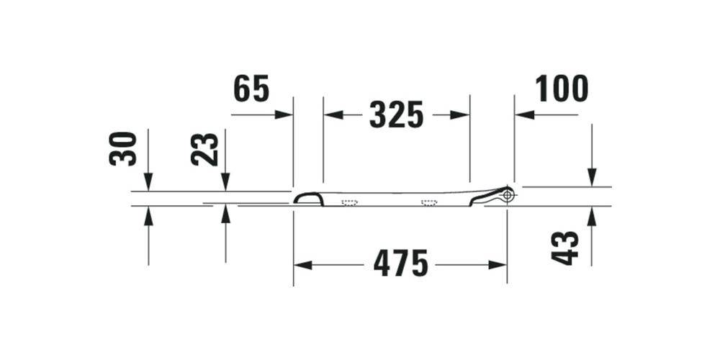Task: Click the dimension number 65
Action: [251, 89]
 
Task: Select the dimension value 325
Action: [396, 114]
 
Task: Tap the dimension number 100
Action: [562, 89]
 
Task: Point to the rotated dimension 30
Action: [123, 148]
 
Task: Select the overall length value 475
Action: [400, 265]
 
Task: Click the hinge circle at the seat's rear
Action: [508, 194]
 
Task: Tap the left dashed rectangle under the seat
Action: [350, 202]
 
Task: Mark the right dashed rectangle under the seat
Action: [430, 202]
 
